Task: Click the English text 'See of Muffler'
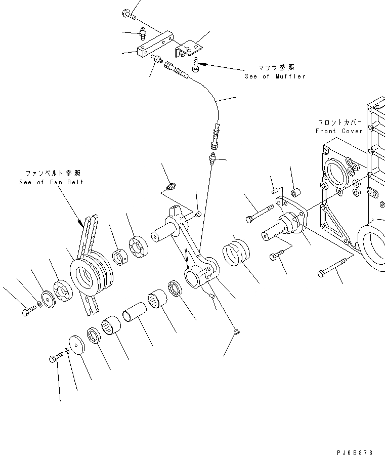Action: point(275,76)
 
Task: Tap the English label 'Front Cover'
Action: point(338,131)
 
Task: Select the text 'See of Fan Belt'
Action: point(51,182)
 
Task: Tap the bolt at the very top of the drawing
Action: point(129,14)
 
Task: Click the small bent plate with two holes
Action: point(189,48)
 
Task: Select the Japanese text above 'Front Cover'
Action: point(339,122)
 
